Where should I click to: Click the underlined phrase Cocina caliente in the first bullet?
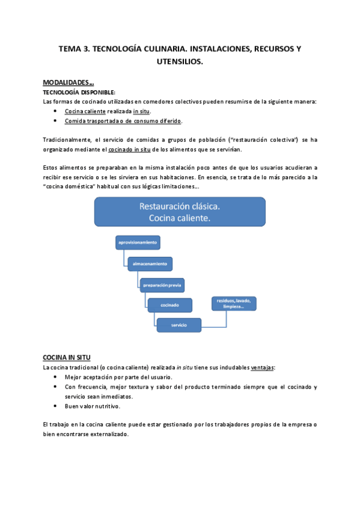click(85, 111)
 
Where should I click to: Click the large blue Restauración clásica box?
click(180, 212)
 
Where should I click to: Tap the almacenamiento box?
click(150, 263)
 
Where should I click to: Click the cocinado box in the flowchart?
click(169, 305)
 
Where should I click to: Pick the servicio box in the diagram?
click(178, 325)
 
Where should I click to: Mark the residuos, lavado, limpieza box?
click(233, 303)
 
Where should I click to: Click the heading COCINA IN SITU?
click(67, 357)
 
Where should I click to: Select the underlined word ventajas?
click(262, 367)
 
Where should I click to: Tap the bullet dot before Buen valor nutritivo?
click(55, 407)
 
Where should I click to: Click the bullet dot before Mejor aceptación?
click(55, 377)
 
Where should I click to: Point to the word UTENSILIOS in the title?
click(180, 62)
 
